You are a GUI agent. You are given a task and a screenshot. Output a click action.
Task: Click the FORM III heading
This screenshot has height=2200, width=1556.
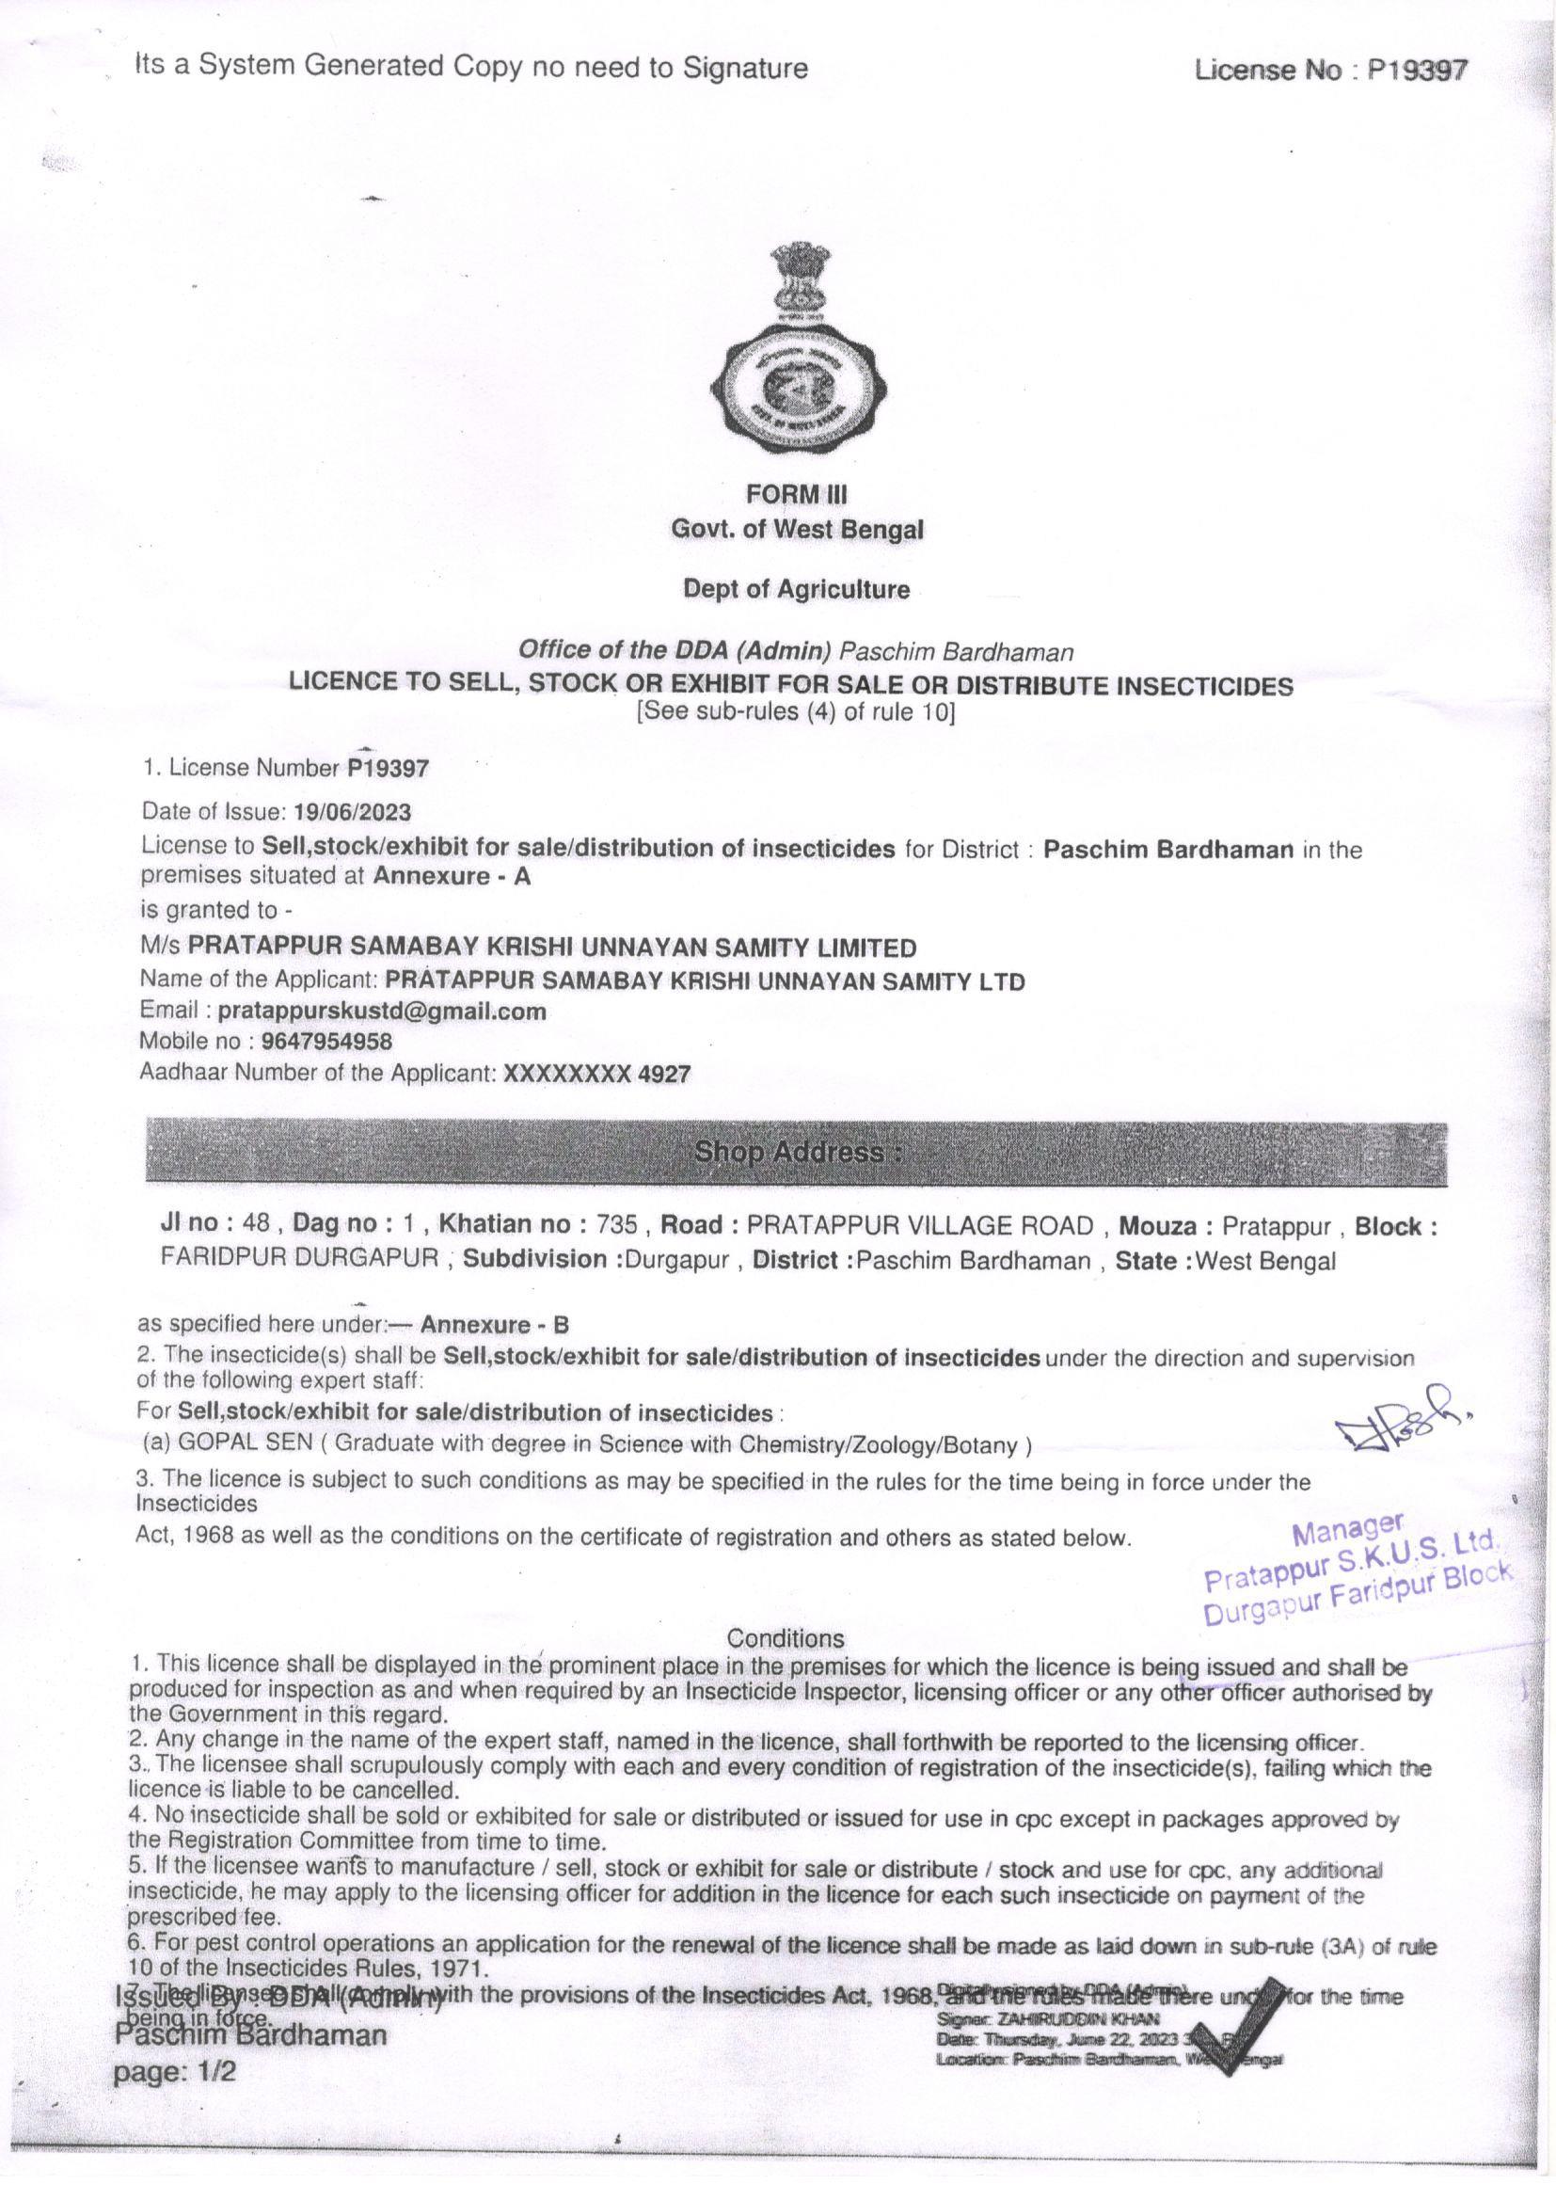click(797, 494)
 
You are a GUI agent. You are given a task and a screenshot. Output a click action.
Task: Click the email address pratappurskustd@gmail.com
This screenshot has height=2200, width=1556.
click(382, 1010)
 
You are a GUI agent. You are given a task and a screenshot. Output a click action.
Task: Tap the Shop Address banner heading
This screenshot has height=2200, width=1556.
click(798, 1152)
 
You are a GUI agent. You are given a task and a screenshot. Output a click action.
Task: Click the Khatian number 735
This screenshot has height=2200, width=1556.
click(616, 1225)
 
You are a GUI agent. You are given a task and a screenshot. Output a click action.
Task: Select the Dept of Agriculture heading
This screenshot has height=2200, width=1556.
click(796, 589)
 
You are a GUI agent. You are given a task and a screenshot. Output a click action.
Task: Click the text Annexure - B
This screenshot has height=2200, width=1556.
click(495, 1325)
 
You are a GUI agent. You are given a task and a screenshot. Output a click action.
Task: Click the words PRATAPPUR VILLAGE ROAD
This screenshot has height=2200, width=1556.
click(920, 1225)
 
